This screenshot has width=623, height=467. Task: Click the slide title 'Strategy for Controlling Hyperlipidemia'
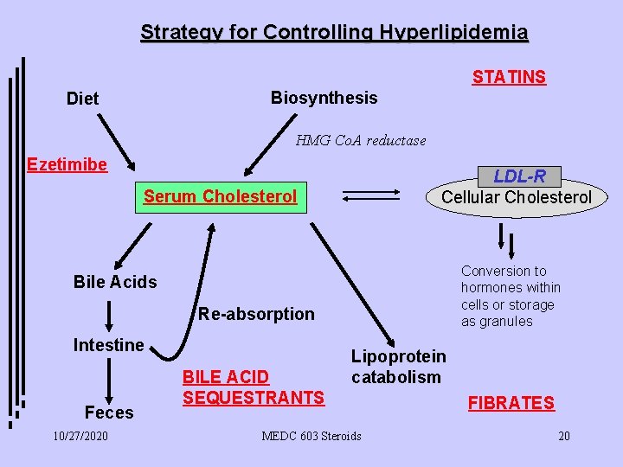pyautogui.click(x=334, y=33)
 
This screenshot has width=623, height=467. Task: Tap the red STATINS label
pyautogui.click(x=509, y=77)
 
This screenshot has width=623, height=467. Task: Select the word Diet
pyautogui.click(x=83, y=99)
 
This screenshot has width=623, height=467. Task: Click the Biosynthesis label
pyautogui.click(x=324, y=98)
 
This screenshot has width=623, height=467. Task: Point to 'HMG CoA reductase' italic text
pyautogui.click(x=361, y=140)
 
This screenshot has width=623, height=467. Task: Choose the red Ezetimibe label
pyautogui.click(x=67, y=164)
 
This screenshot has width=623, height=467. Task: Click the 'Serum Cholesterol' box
pyautogui.click(x=220, y=196)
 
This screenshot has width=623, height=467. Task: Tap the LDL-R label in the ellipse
pyautogui.click(x=519, y=176)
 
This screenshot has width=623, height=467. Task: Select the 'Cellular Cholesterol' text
pyautogui.click(x=517, y=197)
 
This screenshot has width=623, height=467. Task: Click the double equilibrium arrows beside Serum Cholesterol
pyautogui.click(x=373, y=197)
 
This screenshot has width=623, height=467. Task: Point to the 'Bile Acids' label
pyautogui.click(x=115, y=282)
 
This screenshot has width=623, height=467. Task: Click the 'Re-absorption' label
pyautogui.click(x=256, y=314)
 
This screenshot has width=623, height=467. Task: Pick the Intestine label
pyautogui.click(x=108, y=345)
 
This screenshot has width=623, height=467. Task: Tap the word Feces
pyautogui.click(x=109, y=413)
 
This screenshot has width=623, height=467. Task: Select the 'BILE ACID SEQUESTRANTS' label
pyautogui.click(x=253, y=387)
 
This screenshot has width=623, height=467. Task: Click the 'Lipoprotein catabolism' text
pyautogui.click(x=398, y=367)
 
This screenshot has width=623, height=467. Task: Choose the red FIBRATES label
pyautogui.click(x=511, y=403)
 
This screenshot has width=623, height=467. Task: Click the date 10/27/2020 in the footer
pyautogui.click(x=80, y=436)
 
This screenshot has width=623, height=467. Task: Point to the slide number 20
pyautogui.click(x=563, y=436)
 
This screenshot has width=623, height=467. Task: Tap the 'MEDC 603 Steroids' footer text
pyautogui.click(x=311, y=436)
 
